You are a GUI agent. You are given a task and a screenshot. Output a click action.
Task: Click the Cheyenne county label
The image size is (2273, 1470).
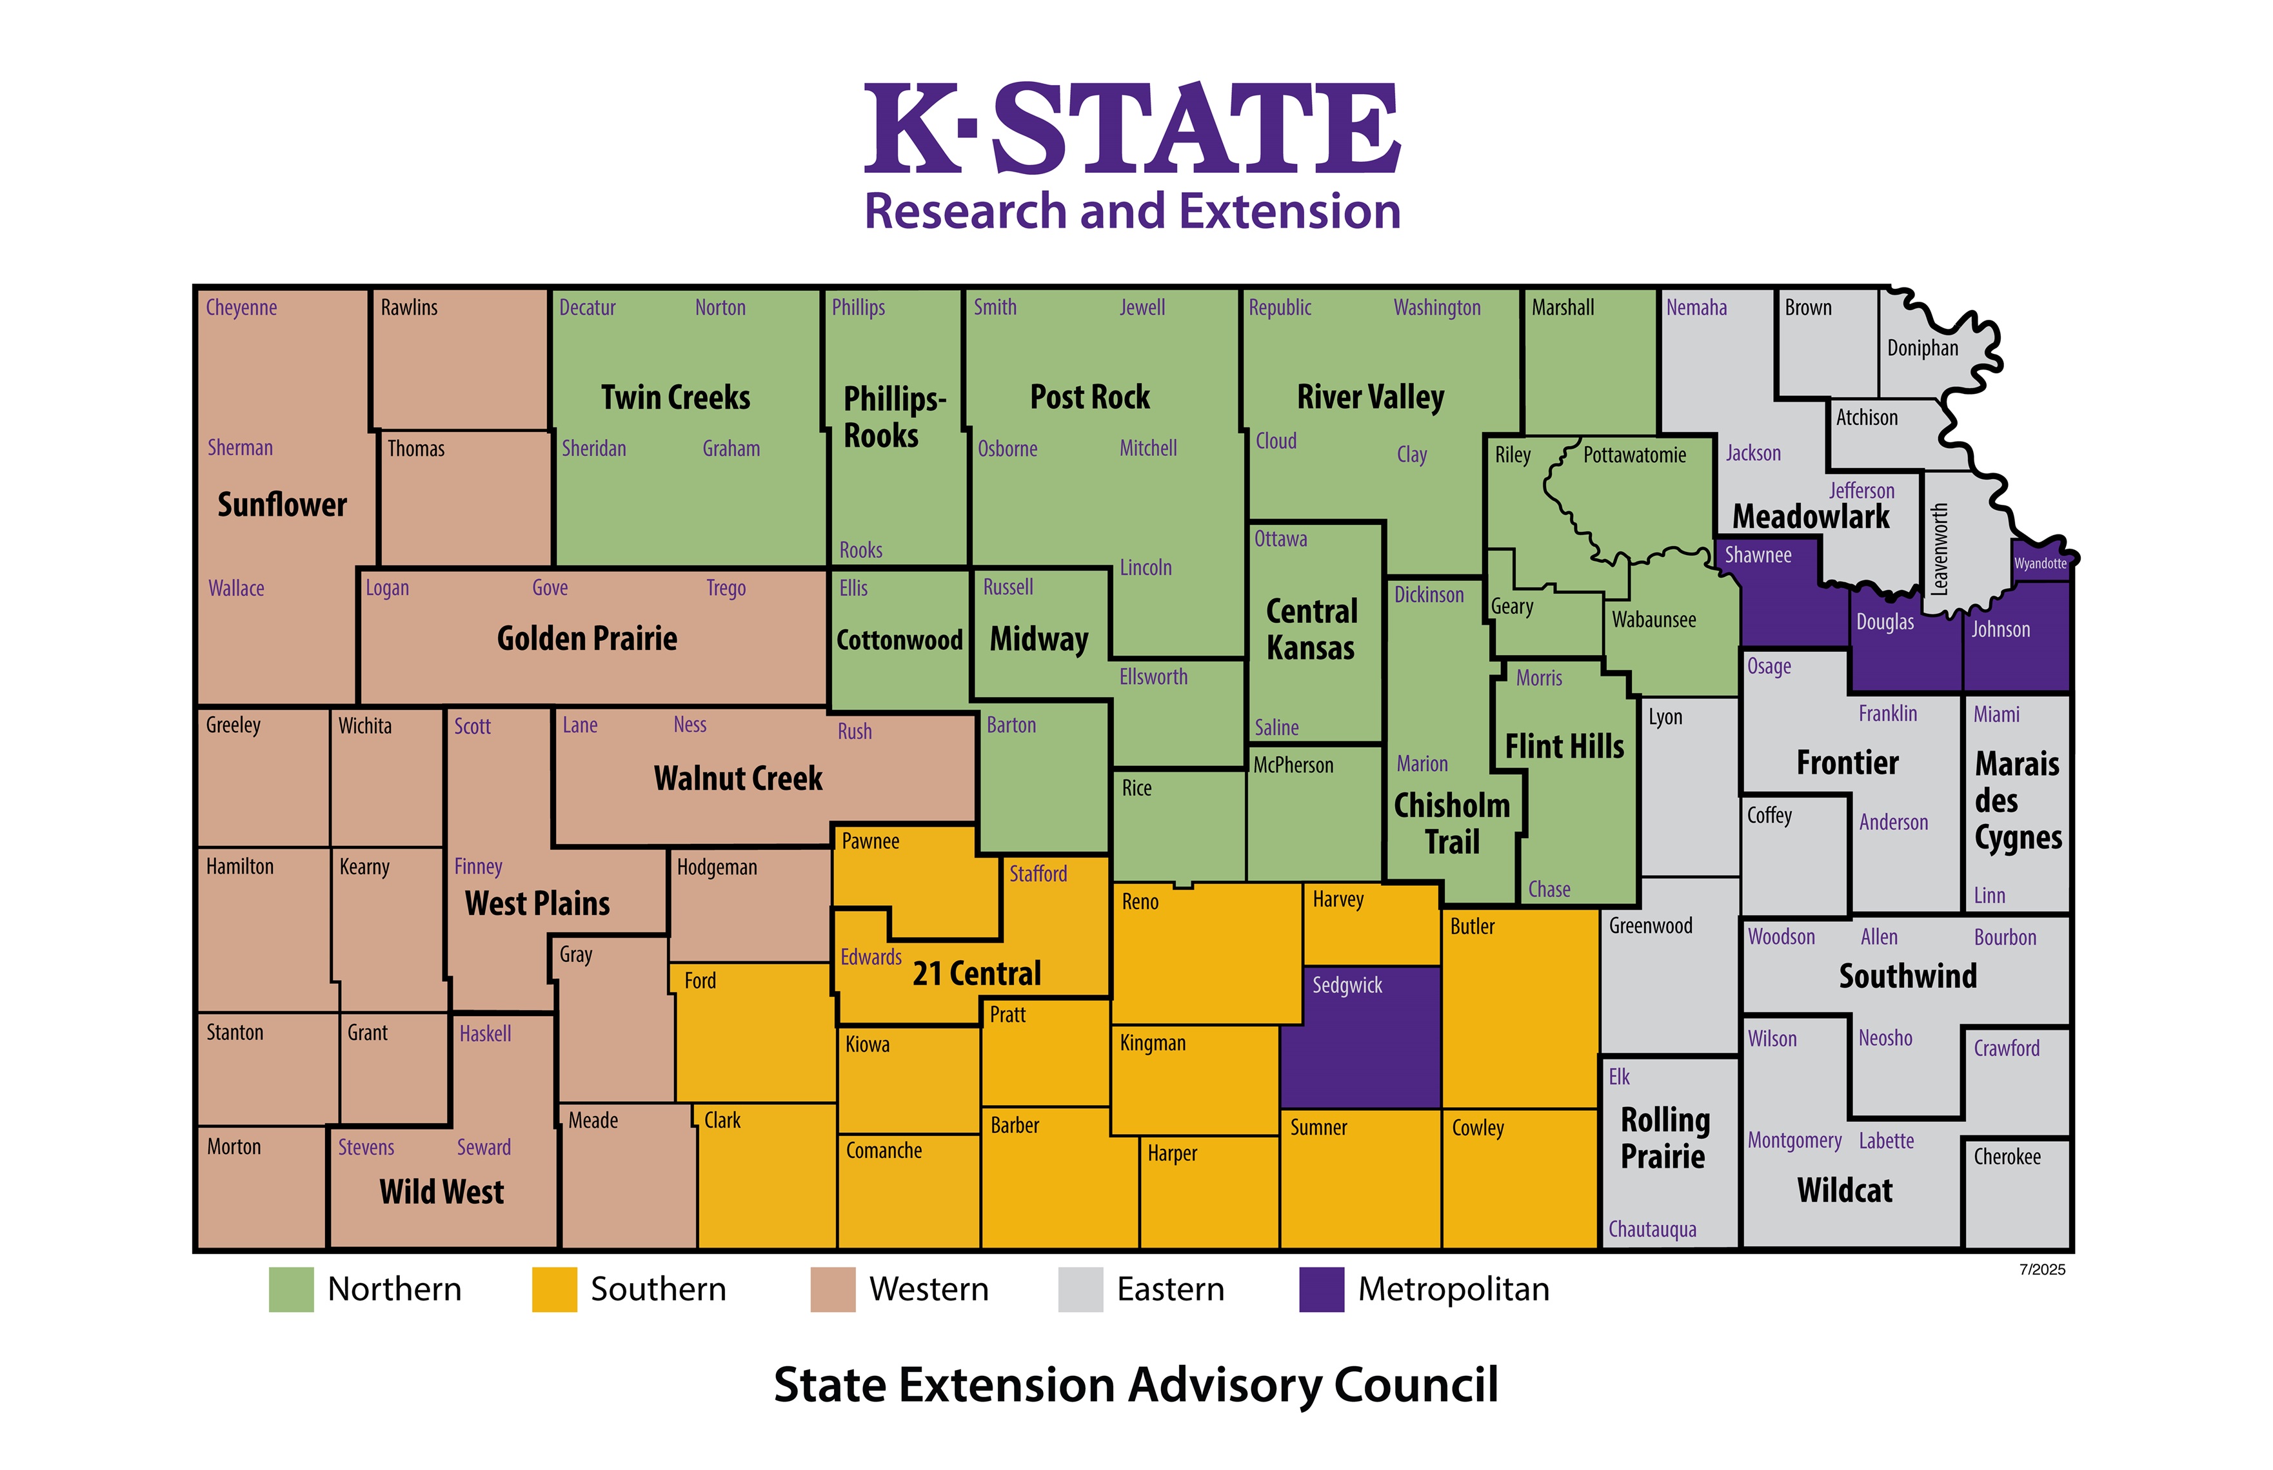[x=241, y=308]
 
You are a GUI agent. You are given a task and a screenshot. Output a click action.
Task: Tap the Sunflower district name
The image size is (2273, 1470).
[x=282, y=504]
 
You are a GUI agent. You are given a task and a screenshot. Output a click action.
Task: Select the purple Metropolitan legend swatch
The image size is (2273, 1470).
[x=1320, y=1289]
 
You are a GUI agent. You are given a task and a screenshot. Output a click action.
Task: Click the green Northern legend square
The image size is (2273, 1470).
[x=291, y=1289]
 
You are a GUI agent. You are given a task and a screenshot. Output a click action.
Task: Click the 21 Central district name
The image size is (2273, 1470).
[x=976, y=973]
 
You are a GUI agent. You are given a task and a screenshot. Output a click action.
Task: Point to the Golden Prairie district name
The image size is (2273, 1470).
[x=586, y=638]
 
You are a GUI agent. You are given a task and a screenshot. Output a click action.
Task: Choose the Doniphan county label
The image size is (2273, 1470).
[x=1921, y=348]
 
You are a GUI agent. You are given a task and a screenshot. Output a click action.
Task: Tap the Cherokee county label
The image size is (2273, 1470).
[x=2007, y=1156]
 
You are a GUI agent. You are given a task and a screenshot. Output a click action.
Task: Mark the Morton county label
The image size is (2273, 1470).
[x=234, y=1146]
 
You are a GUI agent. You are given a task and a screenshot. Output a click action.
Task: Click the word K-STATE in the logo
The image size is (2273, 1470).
[x=1131, y=129]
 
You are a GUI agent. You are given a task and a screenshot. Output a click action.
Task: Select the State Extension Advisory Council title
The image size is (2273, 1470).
[x=1135, y=1384]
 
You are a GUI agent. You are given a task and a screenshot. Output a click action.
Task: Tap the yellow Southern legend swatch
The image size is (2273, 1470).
[x=553, y=1289]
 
